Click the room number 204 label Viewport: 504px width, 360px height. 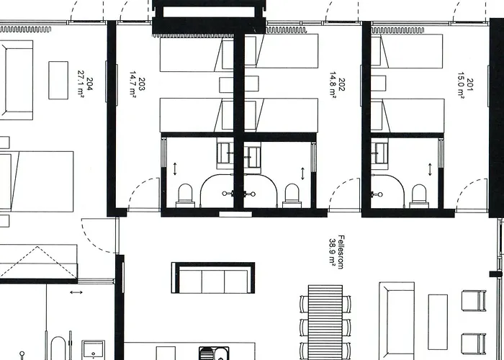(89, 84)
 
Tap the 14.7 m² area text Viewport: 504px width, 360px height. (132, 84)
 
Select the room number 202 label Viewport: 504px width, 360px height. (341, 84)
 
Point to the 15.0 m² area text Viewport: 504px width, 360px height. (461, 85)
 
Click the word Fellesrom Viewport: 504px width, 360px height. (341, 252)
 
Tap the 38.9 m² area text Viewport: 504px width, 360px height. (332, 251)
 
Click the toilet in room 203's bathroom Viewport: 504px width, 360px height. (185, 195)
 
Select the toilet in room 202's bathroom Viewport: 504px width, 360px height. (292, 195)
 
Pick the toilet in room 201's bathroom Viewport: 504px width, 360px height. (419, 196)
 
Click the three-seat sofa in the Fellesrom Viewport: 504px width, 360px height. (213, 278)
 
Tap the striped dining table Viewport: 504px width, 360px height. (325, 322)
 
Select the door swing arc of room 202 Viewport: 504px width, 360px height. (338, 186)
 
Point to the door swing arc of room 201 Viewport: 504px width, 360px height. (465, 187)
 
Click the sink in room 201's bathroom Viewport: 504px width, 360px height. (379, 153)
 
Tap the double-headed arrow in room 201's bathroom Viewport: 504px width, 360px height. (430, 169)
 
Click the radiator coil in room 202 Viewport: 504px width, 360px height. (287, 30)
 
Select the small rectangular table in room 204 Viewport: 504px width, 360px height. (58, 80)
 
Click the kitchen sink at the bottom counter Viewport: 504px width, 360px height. (214, 354)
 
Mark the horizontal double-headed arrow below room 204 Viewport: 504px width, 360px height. (76, 292)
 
